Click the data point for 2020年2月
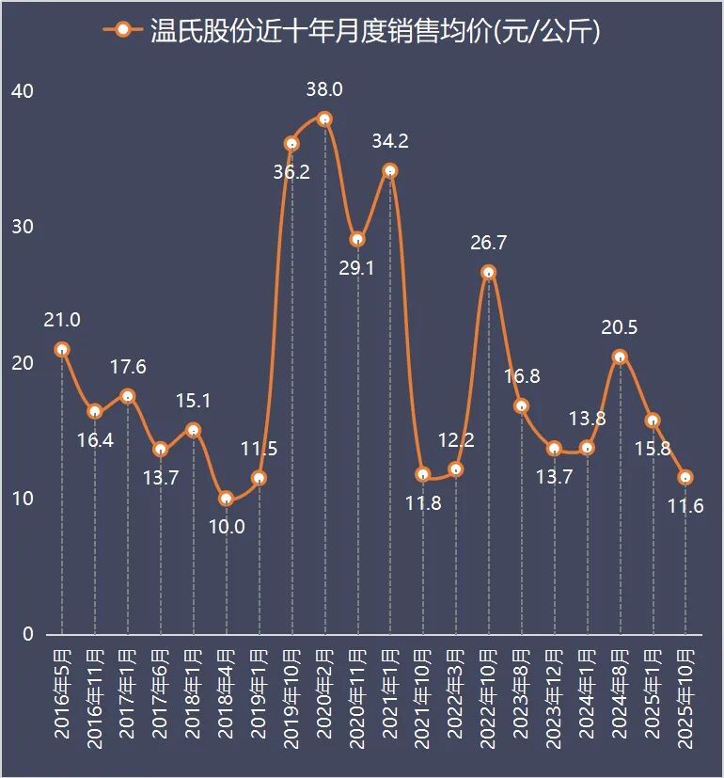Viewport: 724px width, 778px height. [x=324, y=119]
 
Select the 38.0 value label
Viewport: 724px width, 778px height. [x=324, y=90]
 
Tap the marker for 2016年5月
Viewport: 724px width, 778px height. [x=62, y=349]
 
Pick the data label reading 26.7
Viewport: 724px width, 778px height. [x=489, y=243]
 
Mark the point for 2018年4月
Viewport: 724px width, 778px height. [x=226, y=499]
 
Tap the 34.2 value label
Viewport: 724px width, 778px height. [x=390, y=142]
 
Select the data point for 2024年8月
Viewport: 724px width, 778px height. [x=620, y=357]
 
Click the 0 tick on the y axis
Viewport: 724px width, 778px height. [x=27, y=634]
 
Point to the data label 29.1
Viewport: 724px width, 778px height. [x=356, y=268]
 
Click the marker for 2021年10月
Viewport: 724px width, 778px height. [x=423, y=474]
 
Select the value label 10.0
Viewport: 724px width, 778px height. [x=226, y=527]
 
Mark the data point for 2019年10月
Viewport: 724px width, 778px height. [x=291, y=144]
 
